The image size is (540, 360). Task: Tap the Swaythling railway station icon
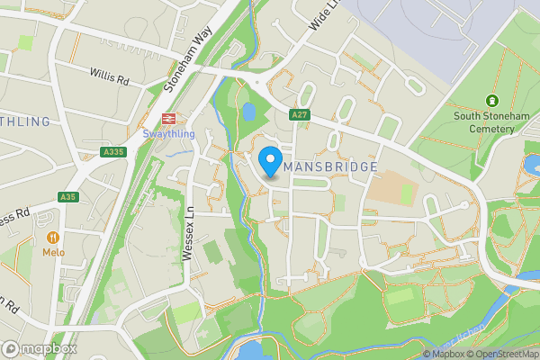[167, 119]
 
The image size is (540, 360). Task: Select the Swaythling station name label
[167, 134]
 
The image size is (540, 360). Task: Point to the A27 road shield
[301, 114]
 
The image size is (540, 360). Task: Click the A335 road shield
[113, 153]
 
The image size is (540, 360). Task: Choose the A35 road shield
[68, 197]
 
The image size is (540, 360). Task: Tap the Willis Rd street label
[110, 77]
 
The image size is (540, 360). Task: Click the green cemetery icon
[491, 100]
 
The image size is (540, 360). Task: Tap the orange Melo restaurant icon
[53, 238]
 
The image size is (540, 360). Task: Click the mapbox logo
[40, 348]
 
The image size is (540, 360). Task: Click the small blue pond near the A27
[247, 112]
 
